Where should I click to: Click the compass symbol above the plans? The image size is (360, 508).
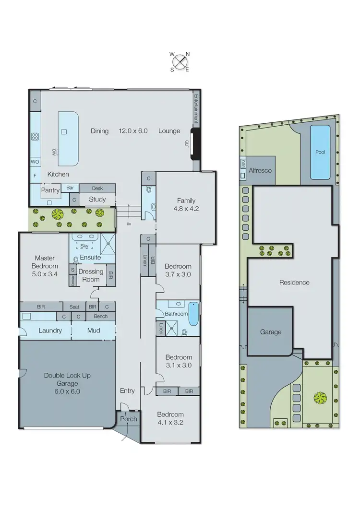tap(180, 61)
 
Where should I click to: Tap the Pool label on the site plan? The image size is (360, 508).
tap(320, 152)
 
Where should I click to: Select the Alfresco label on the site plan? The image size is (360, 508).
tap(261, 170)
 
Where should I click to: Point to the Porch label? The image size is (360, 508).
tap(129, 419)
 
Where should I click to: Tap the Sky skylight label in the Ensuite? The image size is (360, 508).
tap(84, 246)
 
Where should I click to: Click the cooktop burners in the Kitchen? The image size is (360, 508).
tap(35, 137)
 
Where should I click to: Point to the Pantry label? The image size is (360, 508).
tap(50, 190)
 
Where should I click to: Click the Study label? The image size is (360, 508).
tap(97, 199)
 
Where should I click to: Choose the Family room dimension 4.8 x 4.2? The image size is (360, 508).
tap(186, 209)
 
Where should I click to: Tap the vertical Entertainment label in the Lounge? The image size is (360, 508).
tap(196, 110)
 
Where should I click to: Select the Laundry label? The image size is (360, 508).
tap(50, 331)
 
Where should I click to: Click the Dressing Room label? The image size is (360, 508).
tap(91, 275)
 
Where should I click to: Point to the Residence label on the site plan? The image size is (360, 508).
tap(294, 283)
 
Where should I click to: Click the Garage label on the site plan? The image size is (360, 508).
tap(271, 332)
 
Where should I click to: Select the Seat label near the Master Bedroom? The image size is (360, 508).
tap(74, 307)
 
